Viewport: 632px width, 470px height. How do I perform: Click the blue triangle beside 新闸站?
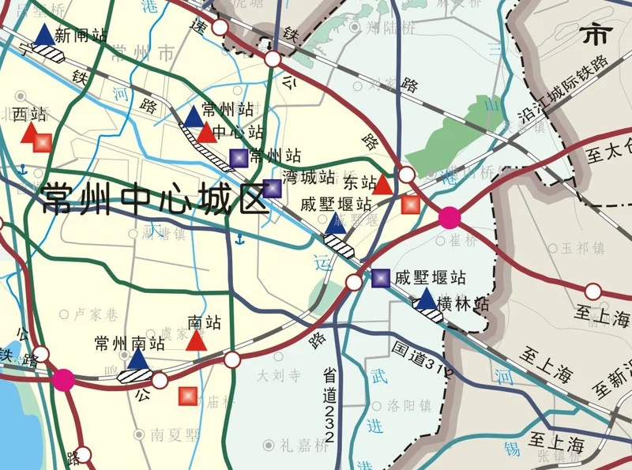[45, 35]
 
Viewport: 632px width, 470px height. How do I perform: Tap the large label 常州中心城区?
[156, 199]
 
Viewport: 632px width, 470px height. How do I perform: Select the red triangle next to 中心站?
[205, 133]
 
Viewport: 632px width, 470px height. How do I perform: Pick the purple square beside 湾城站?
[272, 188]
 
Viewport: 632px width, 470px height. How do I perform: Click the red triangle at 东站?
[382, 185]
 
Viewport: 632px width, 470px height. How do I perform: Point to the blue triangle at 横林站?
[426, 299]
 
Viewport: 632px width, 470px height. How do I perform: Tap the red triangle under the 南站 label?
[197, 340]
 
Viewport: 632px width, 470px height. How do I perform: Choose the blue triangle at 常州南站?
[138, 359]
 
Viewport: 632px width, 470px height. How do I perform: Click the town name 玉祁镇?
[582, 247]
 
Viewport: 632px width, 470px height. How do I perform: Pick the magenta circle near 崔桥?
[450, 216]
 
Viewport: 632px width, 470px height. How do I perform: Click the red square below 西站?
[41, 143]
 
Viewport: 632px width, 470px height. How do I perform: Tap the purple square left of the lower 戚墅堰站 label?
[381, 277]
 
